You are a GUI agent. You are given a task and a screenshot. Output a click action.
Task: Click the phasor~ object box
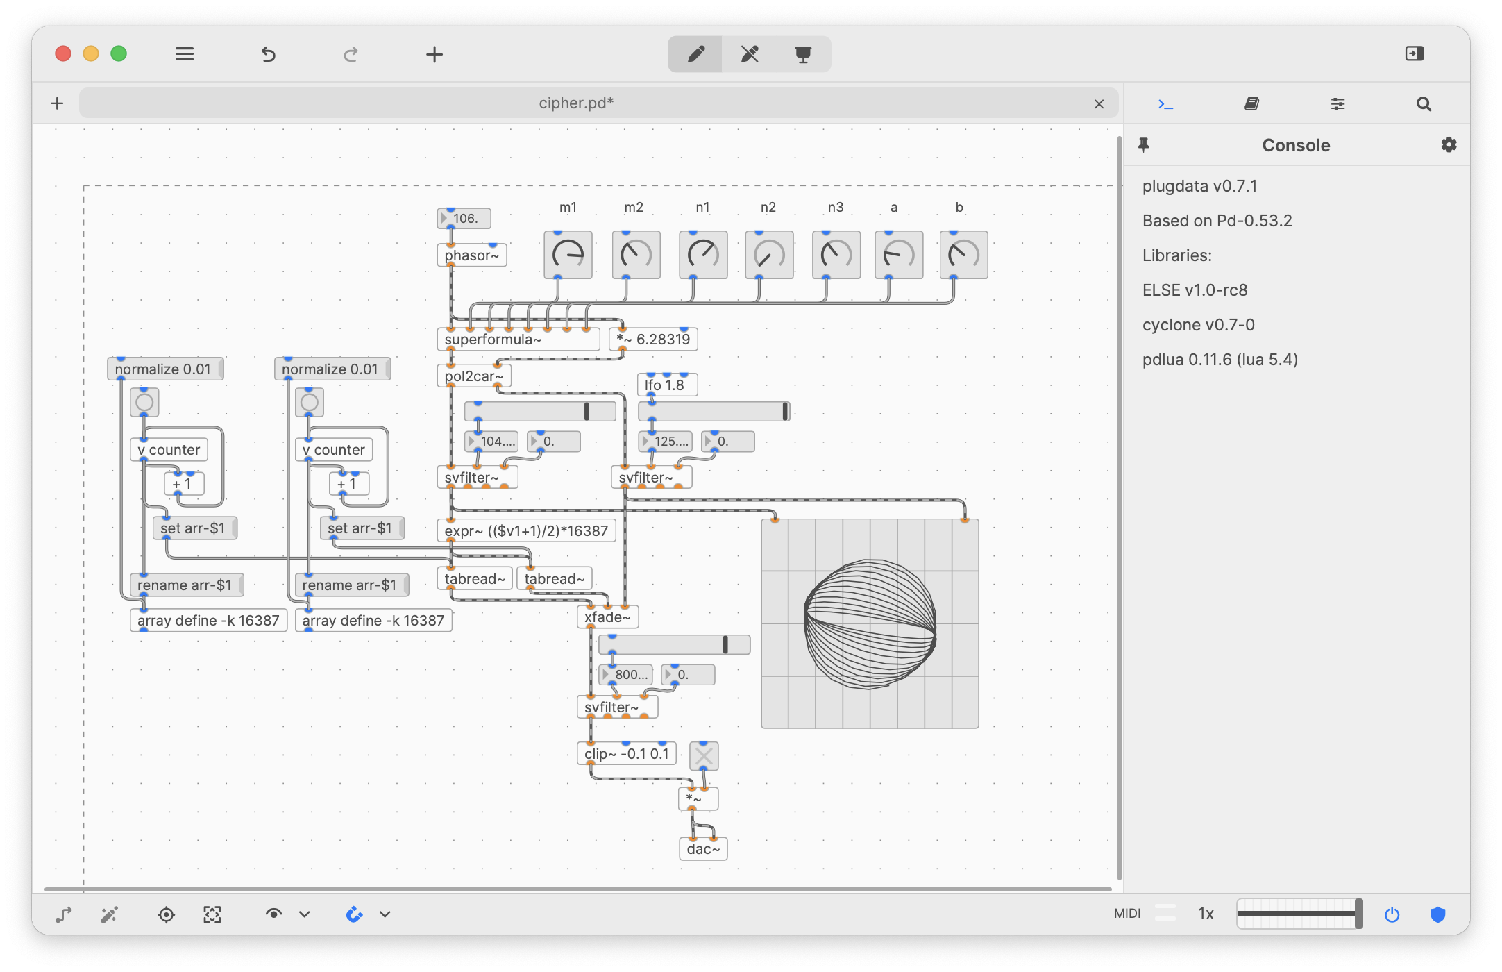pyautogui.click(x=471, y=255)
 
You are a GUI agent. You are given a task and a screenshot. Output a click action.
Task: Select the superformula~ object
pyautogui.click(x=517, y=340)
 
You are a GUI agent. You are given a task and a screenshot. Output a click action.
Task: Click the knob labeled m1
pyautogui.click(x=568, y=255)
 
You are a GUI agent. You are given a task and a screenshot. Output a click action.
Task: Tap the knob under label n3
pyautogui.click(x=836, y=255)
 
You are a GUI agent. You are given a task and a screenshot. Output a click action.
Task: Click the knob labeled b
pyautogui.click(x=963, y=255)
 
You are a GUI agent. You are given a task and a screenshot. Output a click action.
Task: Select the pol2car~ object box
pyautogui.click(x=473, y=376)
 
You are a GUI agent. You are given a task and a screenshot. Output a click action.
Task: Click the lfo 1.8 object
pyautogui.click(x=666, y=385)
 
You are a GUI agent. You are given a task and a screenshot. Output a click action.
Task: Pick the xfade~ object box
pyautogui.click(x=607, y=617)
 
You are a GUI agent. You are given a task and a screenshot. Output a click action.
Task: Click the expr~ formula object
pyautogui.click(x=525, y=531)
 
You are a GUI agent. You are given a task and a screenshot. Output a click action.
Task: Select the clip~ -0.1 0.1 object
pyautogui.click(x=626, y=754)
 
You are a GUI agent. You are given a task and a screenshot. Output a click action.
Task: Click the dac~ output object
pyautogui.click(x=702, y=849)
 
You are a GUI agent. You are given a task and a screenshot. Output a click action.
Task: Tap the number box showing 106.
pyautogui.click(x=464, y=219)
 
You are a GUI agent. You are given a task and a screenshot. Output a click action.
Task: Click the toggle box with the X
pyautogui.click(x=703, y=755)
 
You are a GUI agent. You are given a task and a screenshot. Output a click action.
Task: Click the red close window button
pyautogui.click(x=63, y=53)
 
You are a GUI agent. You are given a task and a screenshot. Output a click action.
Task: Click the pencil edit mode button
pyautogui.click(x=695, y=54)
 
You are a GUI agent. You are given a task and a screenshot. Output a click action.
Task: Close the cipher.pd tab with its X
pyautogui.click(x=1099, y=104)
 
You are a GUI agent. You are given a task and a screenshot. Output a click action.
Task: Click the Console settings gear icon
pyautogui.click(x=1449, y=145)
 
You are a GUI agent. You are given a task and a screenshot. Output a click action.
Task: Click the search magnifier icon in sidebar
pyautogui.click(x=1424, y=104)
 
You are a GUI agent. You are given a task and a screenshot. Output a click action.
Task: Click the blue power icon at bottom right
pyautogui.click(x=1392, y=914)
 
